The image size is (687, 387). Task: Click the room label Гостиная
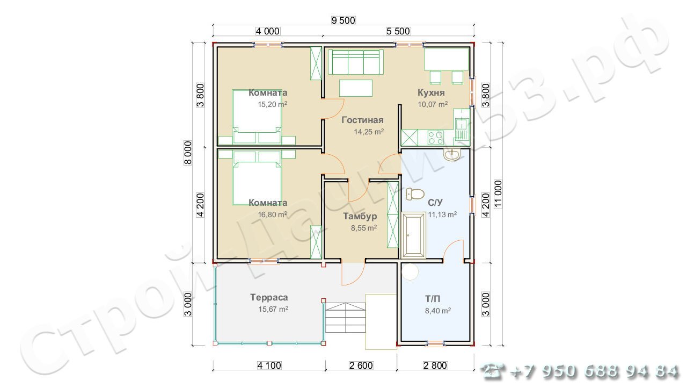tap(362, 120)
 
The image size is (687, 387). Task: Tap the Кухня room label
tap(431, 92)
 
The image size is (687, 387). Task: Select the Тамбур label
tap(360, 216)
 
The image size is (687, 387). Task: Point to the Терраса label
tap(269, 297)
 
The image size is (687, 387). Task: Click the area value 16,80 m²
tap(272, 214)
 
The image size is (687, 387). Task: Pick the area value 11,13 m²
tap(442, 214)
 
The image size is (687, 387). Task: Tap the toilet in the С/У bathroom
tap(415, 194)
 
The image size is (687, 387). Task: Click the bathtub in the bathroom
tap(413, 235)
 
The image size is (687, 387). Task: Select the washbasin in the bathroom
tap(451, 155)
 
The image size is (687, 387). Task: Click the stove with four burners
tap(435, 138)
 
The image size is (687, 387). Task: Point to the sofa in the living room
tap(356, 62)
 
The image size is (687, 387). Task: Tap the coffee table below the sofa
tap(356, 88)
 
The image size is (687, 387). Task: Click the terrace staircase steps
tap(345, 318)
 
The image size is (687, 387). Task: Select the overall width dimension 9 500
tap(343, 20)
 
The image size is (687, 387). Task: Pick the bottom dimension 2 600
tap(361, 365)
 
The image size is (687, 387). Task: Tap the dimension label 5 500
tap(398, 31)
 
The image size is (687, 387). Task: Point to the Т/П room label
tap(433, 298)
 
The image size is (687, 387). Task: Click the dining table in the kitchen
tap(447, 59)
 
